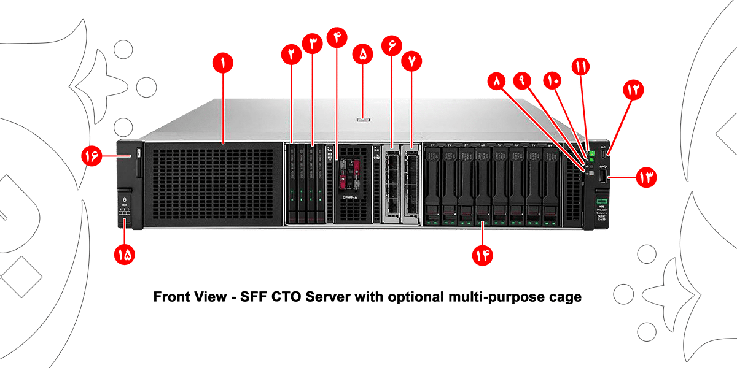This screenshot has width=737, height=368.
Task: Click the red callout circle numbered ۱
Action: click(223, 63)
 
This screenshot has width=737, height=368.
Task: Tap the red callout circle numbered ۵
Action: click(362, 54)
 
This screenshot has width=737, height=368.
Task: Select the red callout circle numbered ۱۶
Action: click(91, 156)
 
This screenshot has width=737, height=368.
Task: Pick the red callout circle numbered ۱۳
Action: click(646, 178)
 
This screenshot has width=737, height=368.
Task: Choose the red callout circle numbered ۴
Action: click(337, 37)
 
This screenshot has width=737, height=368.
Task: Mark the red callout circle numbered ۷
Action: click(411, 61)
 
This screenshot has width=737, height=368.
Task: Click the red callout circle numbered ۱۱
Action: click(580, 66)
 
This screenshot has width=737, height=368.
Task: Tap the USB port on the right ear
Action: click(603, 177)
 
